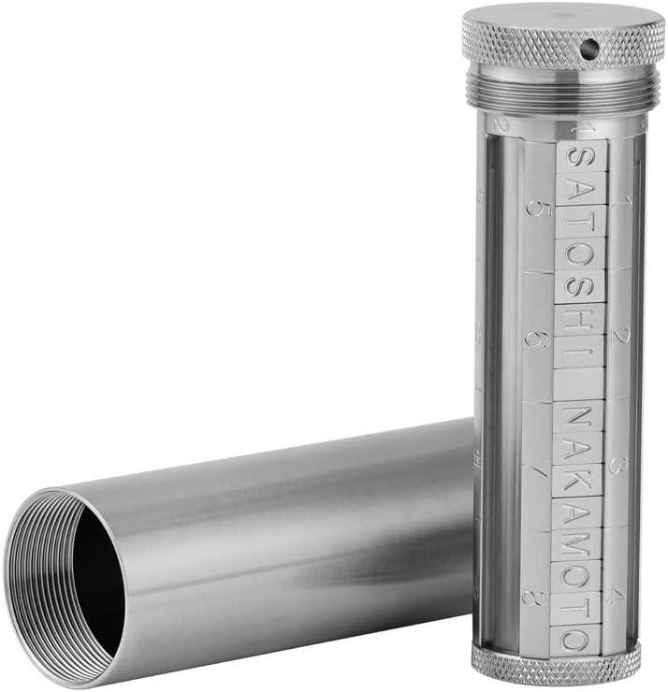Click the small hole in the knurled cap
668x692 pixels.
click(x=591, y=44)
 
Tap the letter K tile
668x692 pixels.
click(x=577, y=479)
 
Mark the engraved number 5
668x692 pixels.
click(x=536, y=207)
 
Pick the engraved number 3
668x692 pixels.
click(x=617, y=464)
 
